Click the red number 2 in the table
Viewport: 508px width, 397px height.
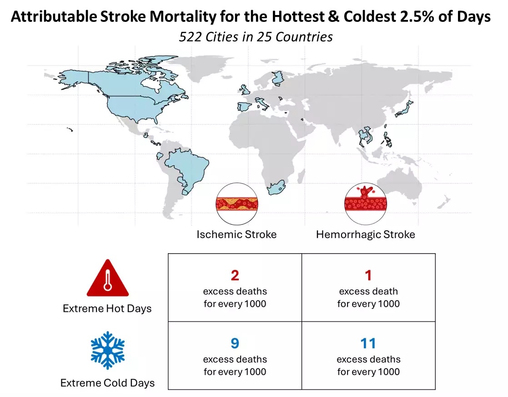pos(235,275)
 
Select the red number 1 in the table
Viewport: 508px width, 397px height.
pos(368,275)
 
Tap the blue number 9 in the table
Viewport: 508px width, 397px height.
pos(235,343)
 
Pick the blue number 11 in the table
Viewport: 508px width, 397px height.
pos(368,343)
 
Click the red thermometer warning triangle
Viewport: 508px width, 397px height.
pos(108,279)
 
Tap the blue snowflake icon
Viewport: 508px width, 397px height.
pos(108,350)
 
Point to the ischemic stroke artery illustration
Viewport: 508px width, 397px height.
pos(237,204)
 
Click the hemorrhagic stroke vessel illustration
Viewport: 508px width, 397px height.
pos(366,204)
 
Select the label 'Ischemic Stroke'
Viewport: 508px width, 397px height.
pos(236,234)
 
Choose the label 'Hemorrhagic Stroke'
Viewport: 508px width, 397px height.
pos(366,234)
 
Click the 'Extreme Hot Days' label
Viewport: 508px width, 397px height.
pos(107,308)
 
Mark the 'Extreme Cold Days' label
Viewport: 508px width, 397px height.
pos(107,383)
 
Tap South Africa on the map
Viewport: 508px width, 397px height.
pos(276,188)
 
